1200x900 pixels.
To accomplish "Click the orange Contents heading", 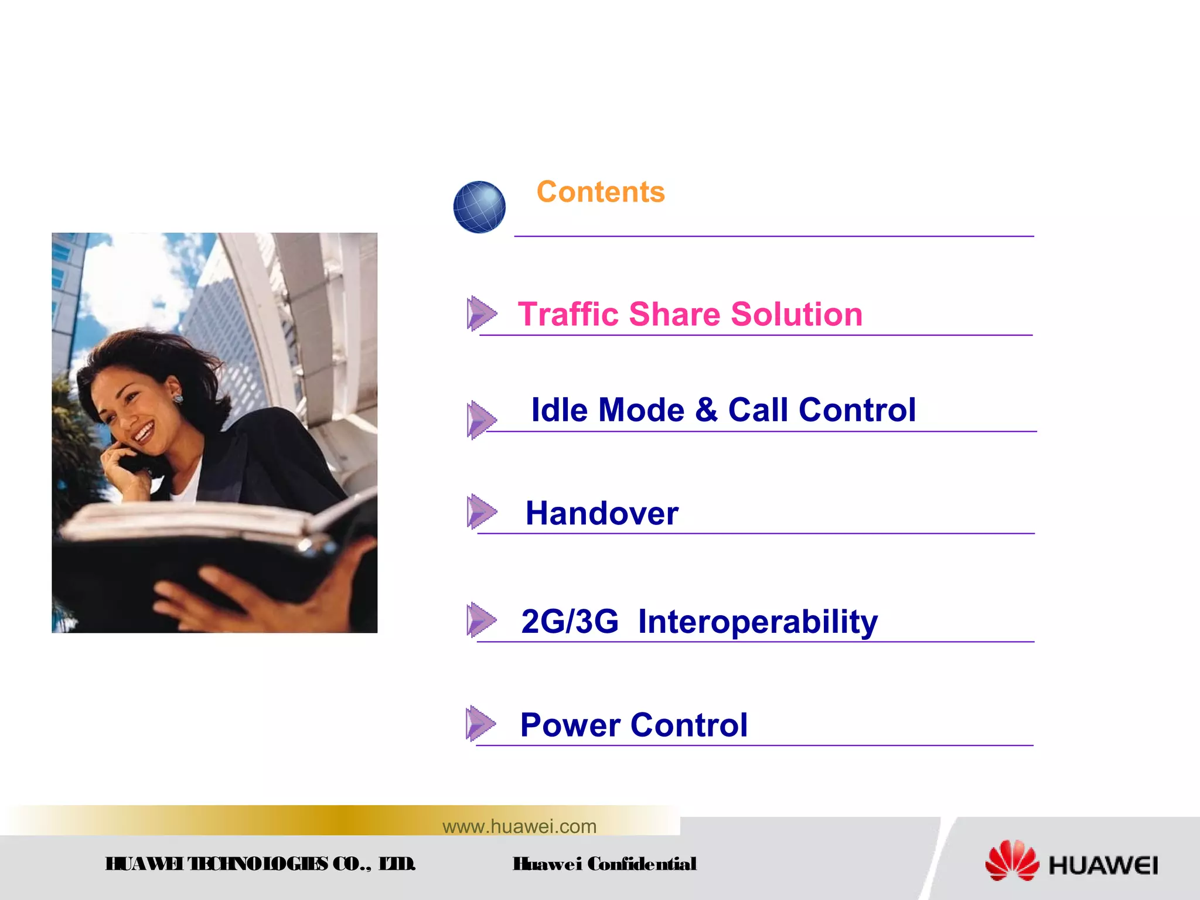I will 601,192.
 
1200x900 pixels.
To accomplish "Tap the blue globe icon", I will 479,207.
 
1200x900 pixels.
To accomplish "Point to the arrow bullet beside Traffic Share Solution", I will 482,313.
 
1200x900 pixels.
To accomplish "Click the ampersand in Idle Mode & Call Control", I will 706,410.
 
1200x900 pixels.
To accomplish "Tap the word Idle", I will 559,410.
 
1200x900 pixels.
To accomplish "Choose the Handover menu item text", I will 602,513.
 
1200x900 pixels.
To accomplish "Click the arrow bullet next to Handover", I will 482,512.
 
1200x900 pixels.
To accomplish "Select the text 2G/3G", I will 570,621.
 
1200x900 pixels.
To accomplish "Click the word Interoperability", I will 758,622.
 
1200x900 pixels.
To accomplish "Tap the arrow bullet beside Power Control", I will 481,723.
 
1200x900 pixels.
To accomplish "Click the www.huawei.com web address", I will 519,826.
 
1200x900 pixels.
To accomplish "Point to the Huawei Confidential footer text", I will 604,864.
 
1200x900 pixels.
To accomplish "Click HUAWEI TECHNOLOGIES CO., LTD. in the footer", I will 260,864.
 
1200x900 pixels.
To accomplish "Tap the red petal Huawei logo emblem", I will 1012,860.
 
